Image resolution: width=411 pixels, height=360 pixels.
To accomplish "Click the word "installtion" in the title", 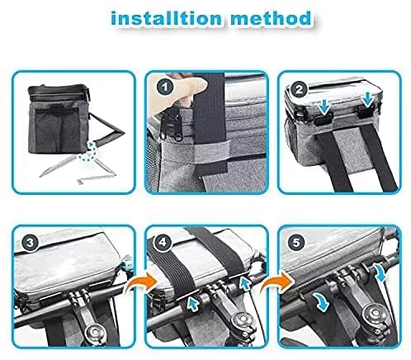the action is (x=166, y=18).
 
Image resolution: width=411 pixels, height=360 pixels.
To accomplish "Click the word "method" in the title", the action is (x=272, y=18).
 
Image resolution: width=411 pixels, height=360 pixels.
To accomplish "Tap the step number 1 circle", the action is (x=165, y=88).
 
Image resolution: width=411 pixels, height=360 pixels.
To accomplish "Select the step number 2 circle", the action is (x=299, y=89).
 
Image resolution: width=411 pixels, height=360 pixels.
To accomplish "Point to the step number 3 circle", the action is (x=31, y=243).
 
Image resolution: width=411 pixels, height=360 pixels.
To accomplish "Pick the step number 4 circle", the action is (x=163, y=242).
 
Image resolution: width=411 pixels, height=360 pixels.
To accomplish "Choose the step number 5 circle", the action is (x=296, y=243).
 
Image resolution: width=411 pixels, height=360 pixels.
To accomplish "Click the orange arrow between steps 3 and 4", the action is (x=140, y=285).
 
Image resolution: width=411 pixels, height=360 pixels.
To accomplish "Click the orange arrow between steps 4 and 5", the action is (x=276, y=284).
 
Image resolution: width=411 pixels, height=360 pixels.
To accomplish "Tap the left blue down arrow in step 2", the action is (x=324, y=107).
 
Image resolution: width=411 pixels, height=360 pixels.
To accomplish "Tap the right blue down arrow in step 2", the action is (x=368, y=100).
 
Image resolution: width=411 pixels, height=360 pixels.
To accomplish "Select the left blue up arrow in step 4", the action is (x=191, y=304).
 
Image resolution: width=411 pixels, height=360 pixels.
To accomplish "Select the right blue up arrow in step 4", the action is (x=244, y=284).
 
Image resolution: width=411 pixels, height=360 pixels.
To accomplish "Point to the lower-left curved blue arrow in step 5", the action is (x=321, y=302).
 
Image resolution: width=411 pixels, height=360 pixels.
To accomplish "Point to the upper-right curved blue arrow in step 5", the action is (x=381, y=272).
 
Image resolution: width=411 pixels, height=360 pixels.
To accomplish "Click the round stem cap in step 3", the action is (x=96, y=332).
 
